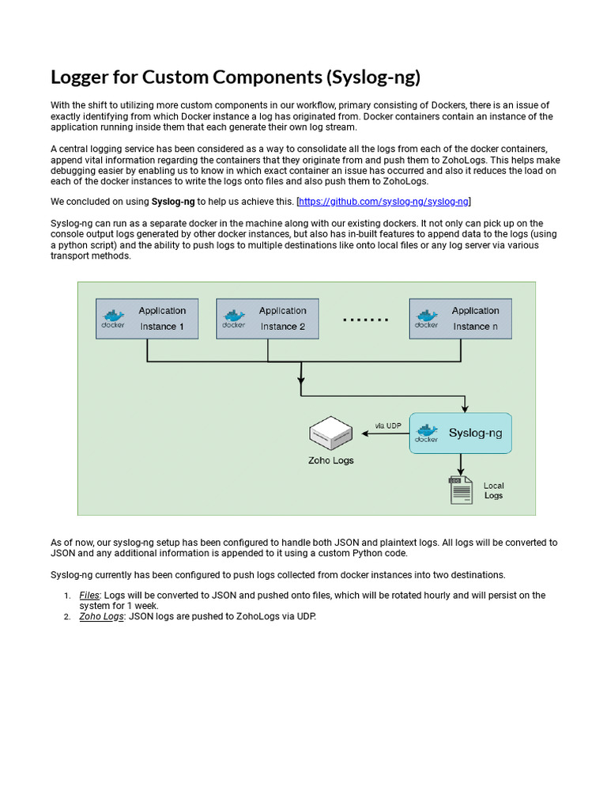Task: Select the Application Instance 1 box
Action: [x=146, y=319]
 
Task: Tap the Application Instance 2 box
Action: [x=267, y=319]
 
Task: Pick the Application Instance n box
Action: [x=460, y=319]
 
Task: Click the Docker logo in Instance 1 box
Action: [x=113, y=319]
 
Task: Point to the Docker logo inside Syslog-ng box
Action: [x=427, y=433]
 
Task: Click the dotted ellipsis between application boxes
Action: [x=365, y=320]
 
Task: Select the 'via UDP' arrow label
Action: [x=388, y=426]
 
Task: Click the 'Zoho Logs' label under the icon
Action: [x=330, y=460]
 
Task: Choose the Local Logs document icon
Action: [x=460, y=490]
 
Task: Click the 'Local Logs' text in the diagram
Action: [x=493, y=490]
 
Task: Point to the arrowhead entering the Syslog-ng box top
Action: [x=465, y=408]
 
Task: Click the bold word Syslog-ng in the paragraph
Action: [x=173, y=202]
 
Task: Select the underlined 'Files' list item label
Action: [x=89, y=595]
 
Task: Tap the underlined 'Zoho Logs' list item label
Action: [x=101, y=616]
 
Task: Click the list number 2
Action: [x=66, y=617]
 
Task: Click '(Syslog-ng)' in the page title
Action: [x=371, y=77]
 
